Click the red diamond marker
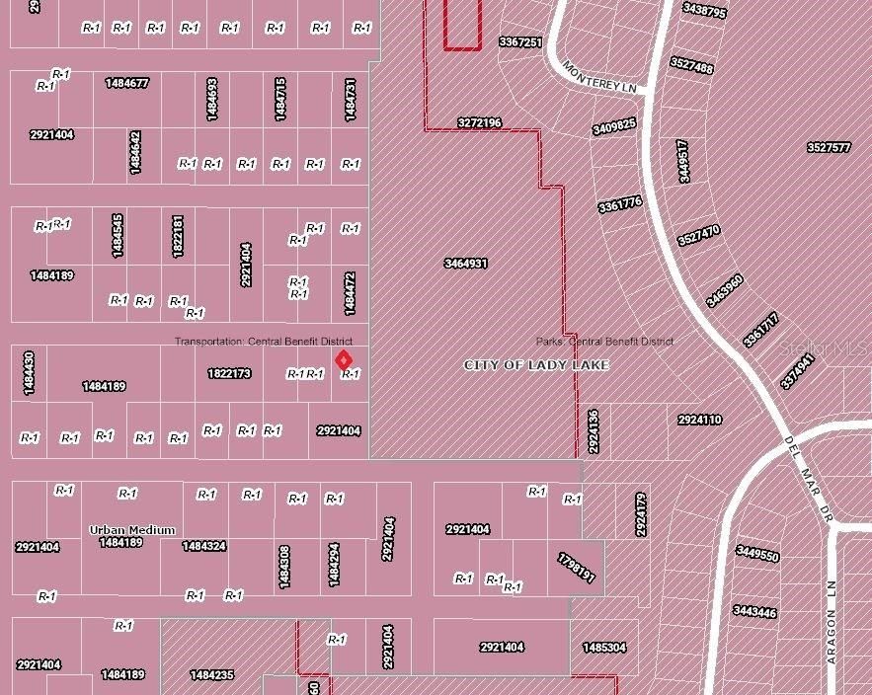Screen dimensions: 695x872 tap(343, 360)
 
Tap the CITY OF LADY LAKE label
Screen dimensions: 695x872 tap(536, 365)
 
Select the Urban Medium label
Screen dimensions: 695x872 tap(132, 530)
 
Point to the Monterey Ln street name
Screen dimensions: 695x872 tap(599, 77)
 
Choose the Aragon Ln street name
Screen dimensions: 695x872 tap(832, 622)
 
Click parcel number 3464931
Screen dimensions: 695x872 tap(466, 264)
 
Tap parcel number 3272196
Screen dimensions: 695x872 tap(479, 123)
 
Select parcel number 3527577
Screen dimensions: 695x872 tap(829, 147)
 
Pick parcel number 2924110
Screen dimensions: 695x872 tap(699, 420)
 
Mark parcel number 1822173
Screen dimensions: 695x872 tap(229, 374)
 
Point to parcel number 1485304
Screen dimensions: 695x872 tap(604, 648)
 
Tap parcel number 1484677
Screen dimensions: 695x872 tap(126, 83)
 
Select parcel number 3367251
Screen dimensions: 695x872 tap(520, 42)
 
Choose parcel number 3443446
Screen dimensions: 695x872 tap(754, 612)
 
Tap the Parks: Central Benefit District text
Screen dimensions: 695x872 tap(604, 342)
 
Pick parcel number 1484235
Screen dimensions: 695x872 tap(211, 675)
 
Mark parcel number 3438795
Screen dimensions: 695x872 tap(704, 12)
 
